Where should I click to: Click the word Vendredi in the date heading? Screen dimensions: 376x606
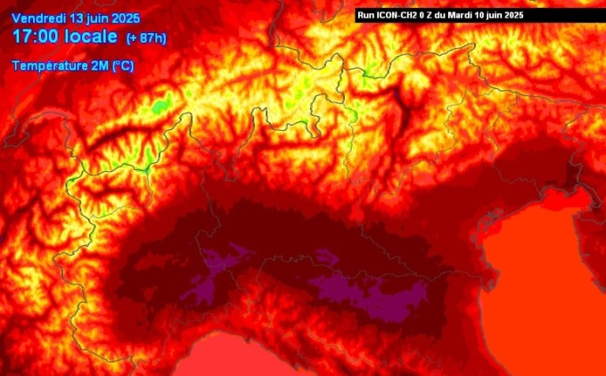tap(40, 19)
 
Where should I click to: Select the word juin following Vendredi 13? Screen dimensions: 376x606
tap(104, 19)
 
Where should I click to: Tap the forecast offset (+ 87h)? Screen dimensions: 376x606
tap(144, 37)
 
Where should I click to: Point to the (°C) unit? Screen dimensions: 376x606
tap(122, 65)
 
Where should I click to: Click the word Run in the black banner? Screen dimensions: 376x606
tap(365, 15)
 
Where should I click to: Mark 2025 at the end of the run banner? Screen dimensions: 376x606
tap(523, 15)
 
